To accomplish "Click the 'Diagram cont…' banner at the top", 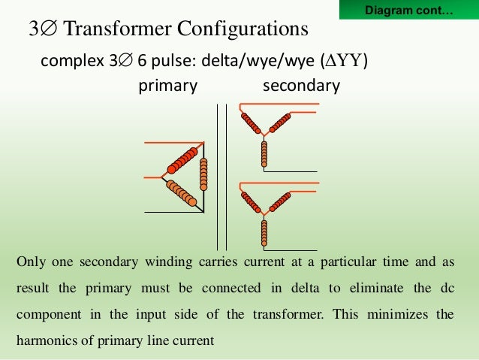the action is click(408, 11).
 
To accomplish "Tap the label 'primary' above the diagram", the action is click(167, 86).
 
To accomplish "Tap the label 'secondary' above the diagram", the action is click(301, 86).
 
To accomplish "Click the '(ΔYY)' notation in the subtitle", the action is click(344, 61).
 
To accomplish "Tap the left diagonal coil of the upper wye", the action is click(251, 123).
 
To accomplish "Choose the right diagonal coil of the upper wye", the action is click(279, 123).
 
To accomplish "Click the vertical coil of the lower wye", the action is click(264, 233).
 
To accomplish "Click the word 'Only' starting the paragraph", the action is click(29, 262).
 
